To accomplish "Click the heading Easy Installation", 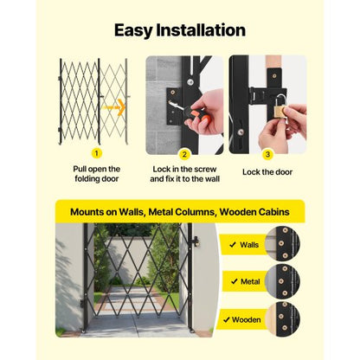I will tap(180, 30).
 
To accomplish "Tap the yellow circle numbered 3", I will tap(267, 153).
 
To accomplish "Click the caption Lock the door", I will tap(267, 171).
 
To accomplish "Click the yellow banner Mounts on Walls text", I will tap(179, 211).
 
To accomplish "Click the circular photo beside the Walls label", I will tap(282, 244).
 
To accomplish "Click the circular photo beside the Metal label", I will tap(282, 281).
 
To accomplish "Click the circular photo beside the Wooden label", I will tap(282, 318).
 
